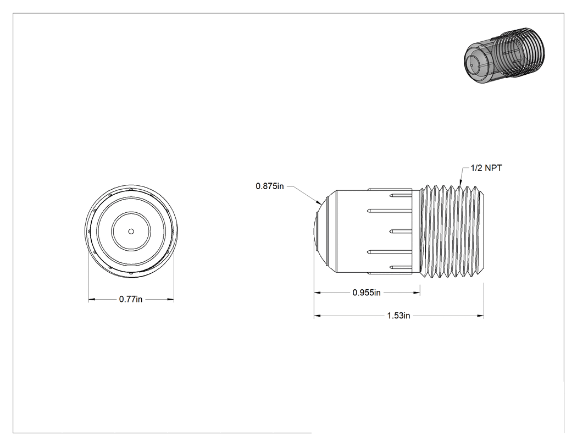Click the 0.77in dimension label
coord(131,299)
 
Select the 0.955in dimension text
coord(367,293)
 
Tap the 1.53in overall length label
coord(398,316)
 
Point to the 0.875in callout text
coord(270,186)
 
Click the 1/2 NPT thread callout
coord(486,168)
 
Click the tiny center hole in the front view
coord(131,232)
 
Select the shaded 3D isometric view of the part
coord(505,55)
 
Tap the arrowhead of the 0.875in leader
coord(319,202)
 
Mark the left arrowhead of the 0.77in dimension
coord(92,299)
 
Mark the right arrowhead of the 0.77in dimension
coord(170,299)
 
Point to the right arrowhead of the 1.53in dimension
coord(480,316)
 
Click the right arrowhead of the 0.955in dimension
coord(417,293)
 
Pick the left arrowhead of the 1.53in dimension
coord(318,316)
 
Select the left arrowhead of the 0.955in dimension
coord(318,293)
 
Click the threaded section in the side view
coord(452,232)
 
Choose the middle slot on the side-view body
coord(401,232)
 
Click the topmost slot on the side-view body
coord(401,195)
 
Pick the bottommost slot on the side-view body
coord(401,267)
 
